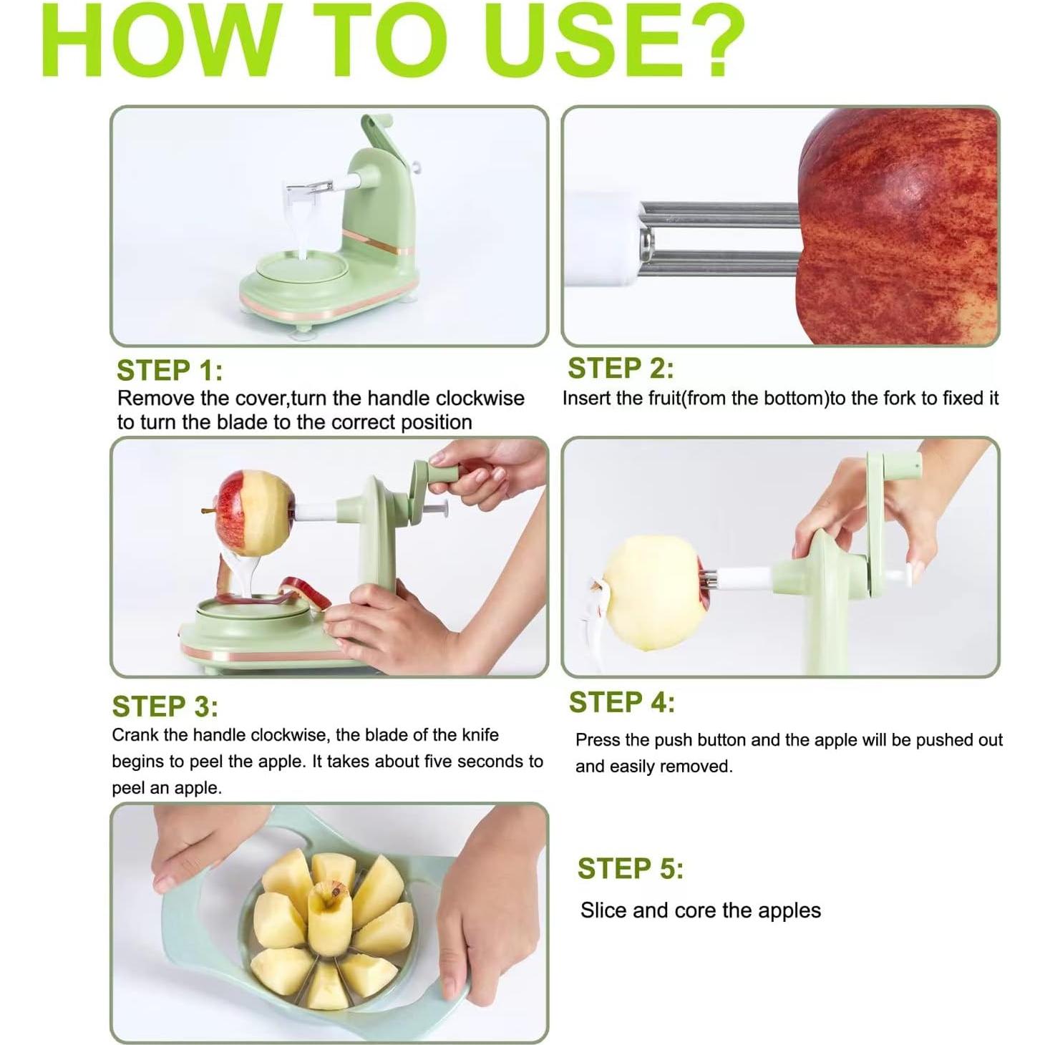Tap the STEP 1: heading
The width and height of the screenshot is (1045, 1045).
click(x=170, y=371)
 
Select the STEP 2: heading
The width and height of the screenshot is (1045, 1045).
click(x=620, y=369)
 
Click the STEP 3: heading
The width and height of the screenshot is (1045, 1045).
click(x=165, y=706)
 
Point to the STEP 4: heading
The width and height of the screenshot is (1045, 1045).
click(x=621, y=702)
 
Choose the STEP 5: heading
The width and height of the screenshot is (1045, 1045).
click(x=630, y=868)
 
